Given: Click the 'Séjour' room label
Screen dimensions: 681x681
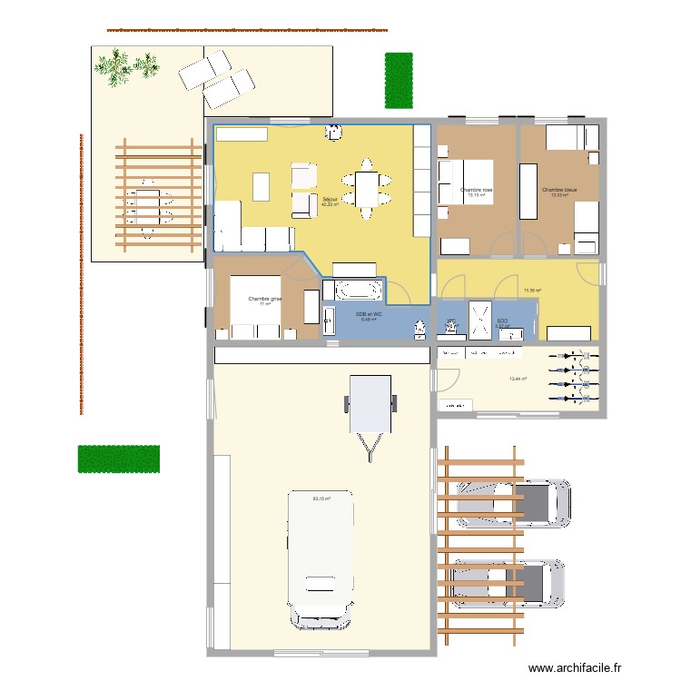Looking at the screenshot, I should pos(330,198).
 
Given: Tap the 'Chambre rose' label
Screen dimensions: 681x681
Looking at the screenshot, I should pos(476,190).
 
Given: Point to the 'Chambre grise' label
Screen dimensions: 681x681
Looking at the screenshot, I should pos(265,299).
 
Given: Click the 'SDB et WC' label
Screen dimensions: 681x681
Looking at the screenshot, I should pos(369,313).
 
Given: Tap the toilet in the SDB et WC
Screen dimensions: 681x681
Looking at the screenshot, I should pos(419,327).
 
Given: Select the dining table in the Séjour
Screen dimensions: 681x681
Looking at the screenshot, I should pos(367,189).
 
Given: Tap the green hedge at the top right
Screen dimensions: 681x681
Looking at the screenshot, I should pos(398,79).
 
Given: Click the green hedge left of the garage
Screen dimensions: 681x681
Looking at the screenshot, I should pos(119,459).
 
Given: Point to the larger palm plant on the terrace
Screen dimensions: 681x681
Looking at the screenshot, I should pos(114,68).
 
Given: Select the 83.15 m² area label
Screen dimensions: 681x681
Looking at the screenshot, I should pos(321,498).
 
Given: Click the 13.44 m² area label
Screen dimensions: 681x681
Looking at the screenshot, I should pos(518,379).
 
